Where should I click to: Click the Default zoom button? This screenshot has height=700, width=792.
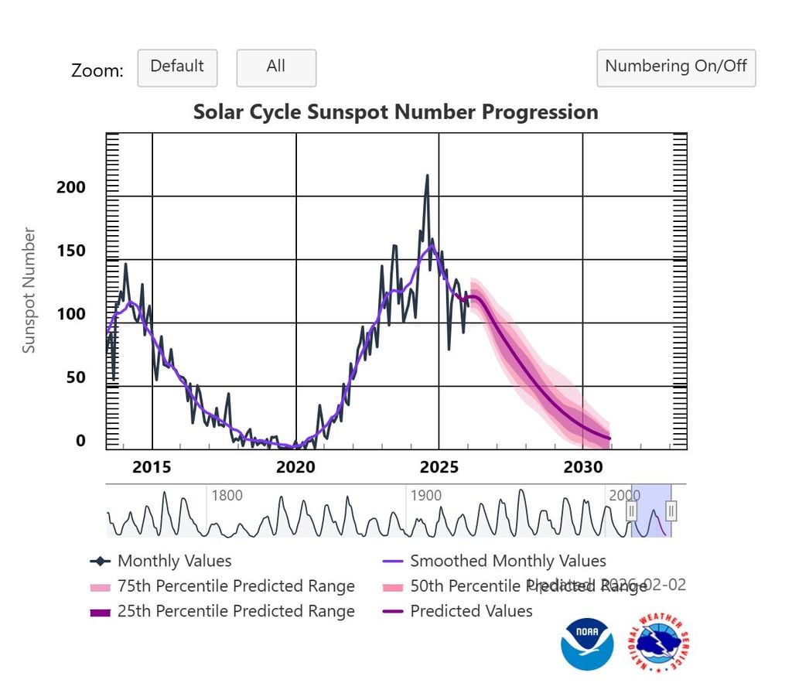coord(177,67)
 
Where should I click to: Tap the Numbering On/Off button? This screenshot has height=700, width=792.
coord(675,67)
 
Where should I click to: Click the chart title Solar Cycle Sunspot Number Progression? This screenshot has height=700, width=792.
coord(395,112)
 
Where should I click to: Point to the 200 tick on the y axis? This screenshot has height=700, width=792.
coord(71,188)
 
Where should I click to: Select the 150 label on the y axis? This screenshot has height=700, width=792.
coord(71,251)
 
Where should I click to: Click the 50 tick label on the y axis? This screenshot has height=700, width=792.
coord(76,378)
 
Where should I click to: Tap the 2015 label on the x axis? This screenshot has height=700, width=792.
coord(152,467)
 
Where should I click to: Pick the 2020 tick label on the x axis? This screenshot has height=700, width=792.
coord(295,467)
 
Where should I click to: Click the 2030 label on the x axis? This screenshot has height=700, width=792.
coord(582,467)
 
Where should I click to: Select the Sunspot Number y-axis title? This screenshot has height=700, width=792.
coord(29,290)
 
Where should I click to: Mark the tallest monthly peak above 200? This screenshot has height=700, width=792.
coord(426,176)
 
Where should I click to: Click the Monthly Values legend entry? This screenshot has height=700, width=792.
coord(174,561)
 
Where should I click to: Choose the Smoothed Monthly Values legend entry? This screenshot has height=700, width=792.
coord(507,561)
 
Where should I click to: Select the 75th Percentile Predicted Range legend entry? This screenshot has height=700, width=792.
coord(235,586)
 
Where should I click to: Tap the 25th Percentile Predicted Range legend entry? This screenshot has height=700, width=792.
coord(235,611)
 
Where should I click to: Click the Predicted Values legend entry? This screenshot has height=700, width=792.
coord(470,611)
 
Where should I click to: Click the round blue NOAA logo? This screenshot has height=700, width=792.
coord(587,644)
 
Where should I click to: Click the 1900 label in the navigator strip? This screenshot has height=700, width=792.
coord(425,496)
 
